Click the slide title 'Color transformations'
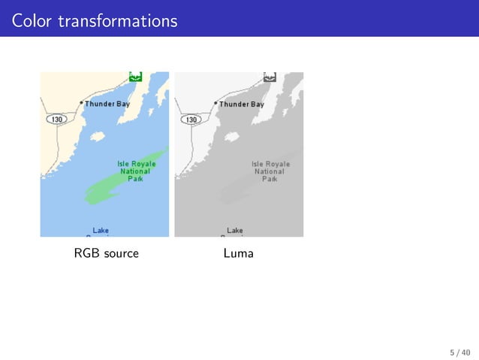tap(95, 20)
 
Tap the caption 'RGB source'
tap(106, 254)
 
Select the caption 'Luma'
tap(239, 254)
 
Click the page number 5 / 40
tap(459, 352)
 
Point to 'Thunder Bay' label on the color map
tap(107, 104)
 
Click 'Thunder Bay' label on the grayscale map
tap(241, 104)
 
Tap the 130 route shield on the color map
tap(57, 119)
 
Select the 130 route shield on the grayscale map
tap(191, 119)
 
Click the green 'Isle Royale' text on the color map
tap(136, 163)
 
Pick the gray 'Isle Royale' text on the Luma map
tap(270, 163)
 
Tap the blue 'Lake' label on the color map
tap(101, 230)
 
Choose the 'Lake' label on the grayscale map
tap(235, 230)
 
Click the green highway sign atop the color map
tap(136, 76)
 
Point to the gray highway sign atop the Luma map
tap(270, 76)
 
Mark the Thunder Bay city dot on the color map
tap(81, 102)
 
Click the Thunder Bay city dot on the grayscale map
tap(215, 102)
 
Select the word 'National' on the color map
tap(135, 171)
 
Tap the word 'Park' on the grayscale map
tap(270, 180)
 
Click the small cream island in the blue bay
tap(96, 138)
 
